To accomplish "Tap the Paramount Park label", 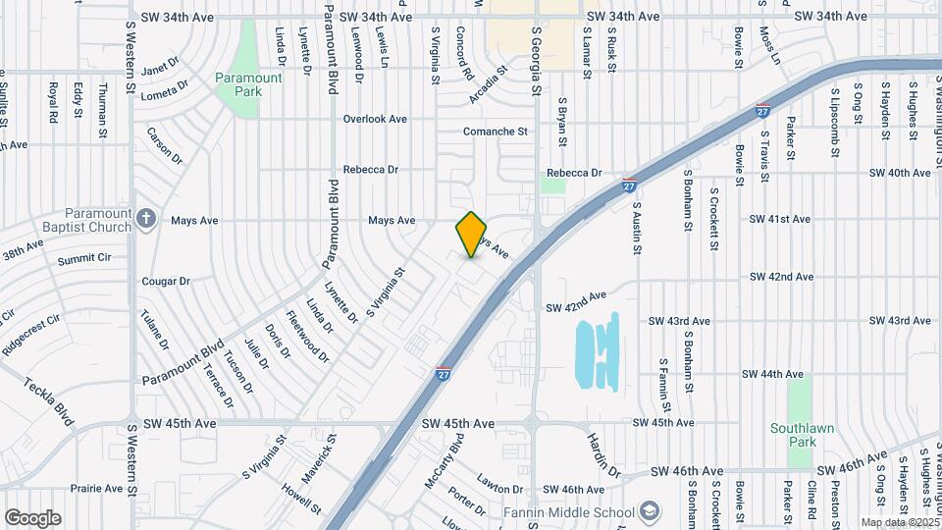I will tap(248, 84).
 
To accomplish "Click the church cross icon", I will tap(146, 218).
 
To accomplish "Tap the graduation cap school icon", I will tap(649, 512).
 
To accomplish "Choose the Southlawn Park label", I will tap(802, 435).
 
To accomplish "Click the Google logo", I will tap(32, 518).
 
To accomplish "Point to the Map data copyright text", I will tap(900, 522).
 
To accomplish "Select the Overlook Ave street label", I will tap(374, 119).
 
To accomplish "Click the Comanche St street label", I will tap(495, 131).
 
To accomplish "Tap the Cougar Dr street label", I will tap(165, 281).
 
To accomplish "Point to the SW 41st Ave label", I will tap(780, 219).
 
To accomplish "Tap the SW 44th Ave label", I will tap(772, 374).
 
